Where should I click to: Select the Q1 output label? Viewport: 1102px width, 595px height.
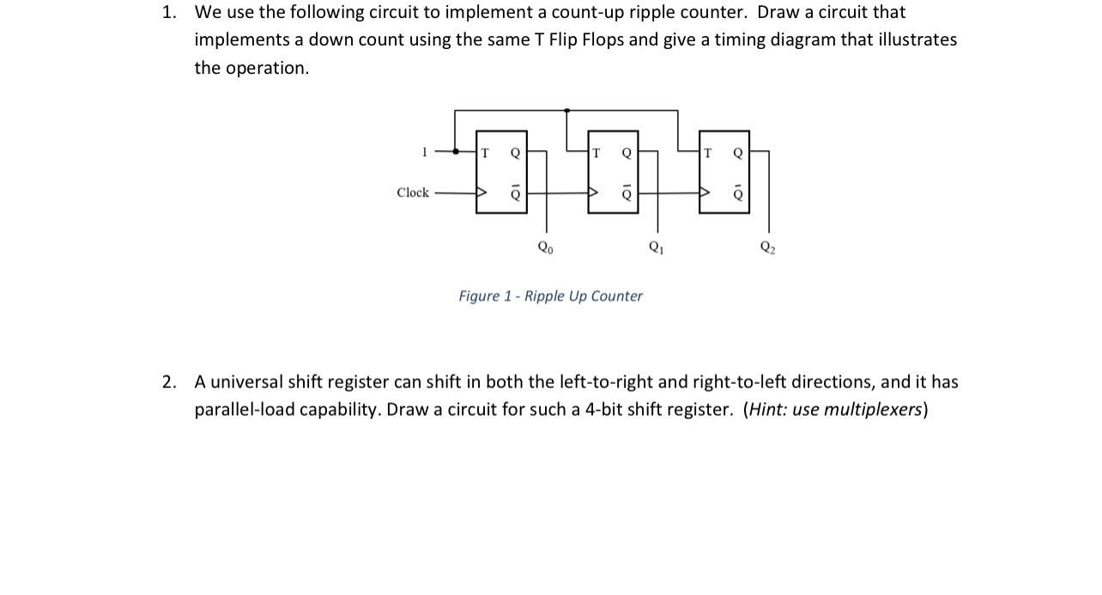tap(657, 248)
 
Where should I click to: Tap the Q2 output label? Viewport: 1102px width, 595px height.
tap(766, 248)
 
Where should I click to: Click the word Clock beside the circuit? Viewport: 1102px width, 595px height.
tap(413, 192)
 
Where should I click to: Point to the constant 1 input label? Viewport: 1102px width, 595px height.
tap(424, 153)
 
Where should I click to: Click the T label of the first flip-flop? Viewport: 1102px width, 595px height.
tap(486, 153)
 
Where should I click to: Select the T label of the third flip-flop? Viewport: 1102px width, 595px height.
tap(707, 153)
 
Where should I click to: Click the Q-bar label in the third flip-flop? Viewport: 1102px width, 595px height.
tap(737, 193)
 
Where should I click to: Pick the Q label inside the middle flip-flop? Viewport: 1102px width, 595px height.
tap(627, 153)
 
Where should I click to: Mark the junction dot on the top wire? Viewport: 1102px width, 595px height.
tap(566, 111)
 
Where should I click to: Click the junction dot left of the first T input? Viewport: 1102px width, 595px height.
tap(455, 153)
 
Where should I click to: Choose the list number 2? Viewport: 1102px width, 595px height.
tap(169, 382)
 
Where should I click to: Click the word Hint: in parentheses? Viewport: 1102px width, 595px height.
tap(767, 410)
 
